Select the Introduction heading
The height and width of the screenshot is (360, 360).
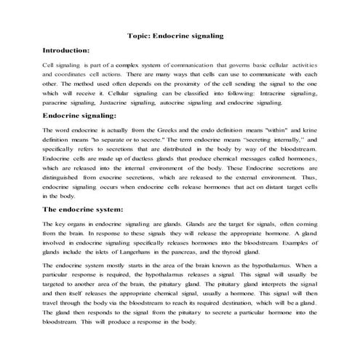point(66,50)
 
